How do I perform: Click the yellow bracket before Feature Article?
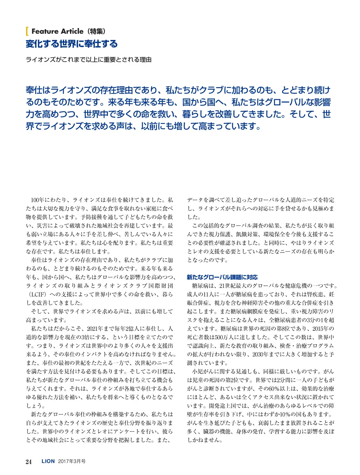point(27,31)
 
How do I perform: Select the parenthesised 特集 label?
point(96,31)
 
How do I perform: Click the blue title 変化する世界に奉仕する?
point(72,44)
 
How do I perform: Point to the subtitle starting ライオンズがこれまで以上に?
point(89,60)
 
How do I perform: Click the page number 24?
point(29,462)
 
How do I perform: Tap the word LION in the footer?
point(48,461)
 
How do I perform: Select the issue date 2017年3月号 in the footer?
point(72,461)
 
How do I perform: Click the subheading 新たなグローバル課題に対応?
point(222,277)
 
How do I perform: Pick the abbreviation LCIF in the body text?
point(37,294)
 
